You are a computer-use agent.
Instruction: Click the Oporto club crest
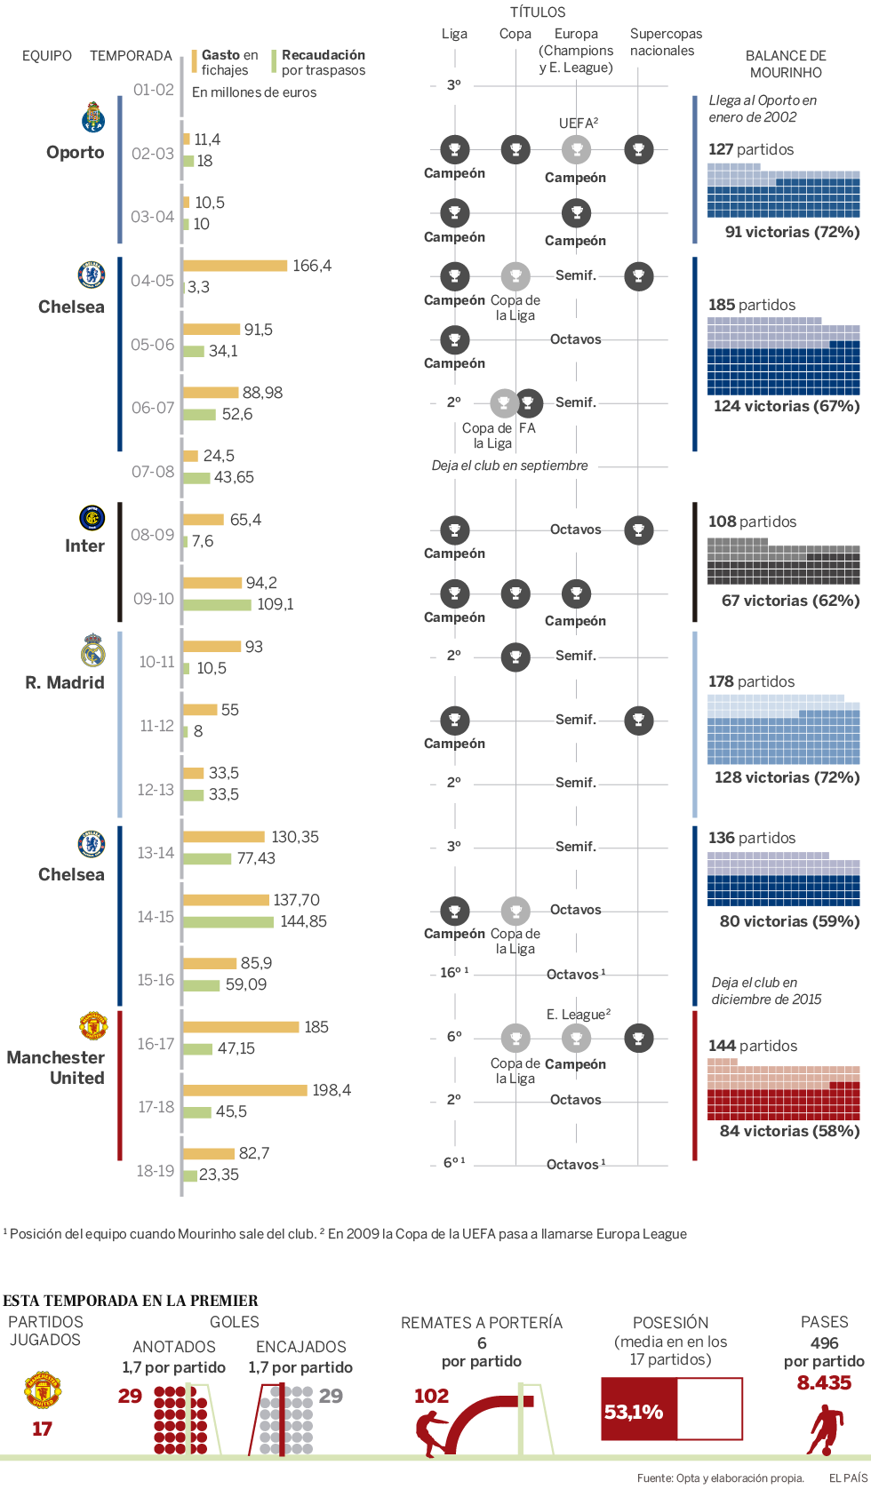92,117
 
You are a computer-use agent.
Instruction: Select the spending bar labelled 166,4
235,266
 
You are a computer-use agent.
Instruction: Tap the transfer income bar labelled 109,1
217,605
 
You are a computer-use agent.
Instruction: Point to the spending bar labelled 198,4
244,1090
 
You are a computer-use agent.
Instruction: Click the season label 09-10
153,599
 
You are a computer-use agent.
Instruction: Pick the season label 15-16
156,980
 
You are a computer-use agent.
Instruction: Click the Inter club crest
92,518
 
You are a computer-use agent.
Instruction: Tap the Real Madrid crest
92,650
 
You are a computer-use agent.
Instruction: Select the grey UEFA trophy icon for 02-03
576,149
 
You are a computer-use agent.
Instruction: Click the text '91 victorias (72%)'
792,232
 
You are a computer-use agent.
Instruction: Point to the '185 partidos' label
752,305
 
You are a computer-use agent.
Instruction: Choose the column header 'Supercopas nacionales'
665,42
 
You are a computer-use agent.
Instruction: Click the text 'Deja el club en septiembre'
509,466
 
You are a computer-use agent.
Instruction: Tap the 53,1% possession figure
634,1412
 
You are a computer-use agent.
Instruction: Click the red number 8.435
824,1382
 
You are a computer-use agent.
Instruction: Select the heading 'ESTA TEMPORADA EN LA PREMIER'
131,1301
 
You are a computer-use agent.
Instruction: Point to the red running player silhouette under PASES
826,1429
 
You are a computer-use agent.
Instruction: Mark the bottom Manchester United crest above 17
42,1390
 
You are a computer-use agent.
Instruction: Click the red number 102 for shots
431,1396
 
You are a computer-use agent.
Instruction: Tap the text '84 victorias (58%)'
789,1131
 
